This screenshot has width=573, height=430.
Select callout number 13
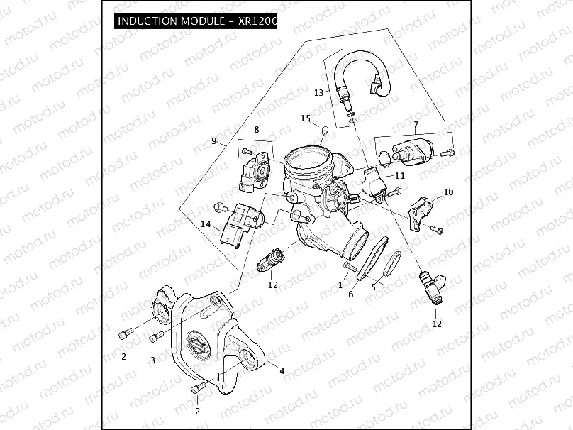tap(318, 92)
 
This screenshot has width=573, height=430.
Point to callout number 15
tap(305, 118)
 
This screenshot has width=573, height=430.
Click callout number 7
tap(416, 125)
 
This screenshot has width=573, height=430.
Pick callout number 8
tap(257, 130)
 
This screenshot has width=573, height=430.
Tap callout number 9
tap(213, 141)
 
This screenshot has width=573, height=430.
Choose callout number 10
tap(448, 192)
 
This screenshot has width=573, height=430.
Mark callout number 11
tap(400, 175)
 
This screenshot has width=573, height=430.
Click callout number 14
tap(206, 224)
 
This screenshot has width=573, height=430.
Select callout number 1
tap(340, 284)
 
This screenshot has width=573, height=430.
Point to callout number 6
tap(350, 294)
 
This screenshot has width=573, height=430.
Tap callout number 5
tap(374, 288)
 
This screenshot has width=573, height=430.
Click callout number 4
tap(282, 371)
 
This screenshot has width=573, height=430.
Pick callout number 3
tap(152, 360)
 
